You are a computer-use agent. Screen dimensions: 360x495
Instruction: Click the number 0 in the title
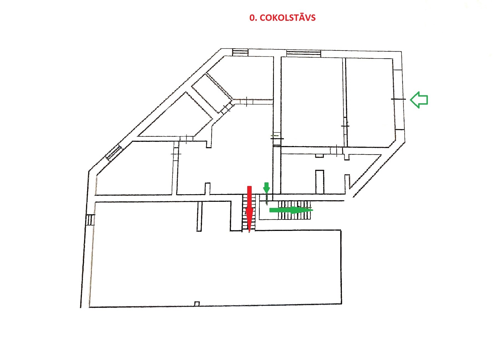[x=252, y=18]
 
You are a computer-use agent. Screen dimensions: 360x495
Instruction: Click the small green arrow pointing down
[x=266, y=188]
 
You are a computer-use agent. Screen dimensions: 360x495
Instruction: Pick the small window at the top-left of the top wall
[x=240, y=52]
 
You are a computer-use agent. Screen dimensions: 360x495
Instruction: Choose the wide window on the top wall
[x=304, y=53]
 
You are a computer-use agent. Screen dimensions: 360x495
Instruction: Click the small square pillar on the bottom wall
[x=197, y=303]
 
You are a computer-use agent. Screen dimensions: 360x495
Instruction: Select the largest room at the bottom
[x=216, y=266]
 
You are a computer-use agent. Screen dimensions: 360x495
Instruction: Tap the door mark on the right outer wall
[x=398, y=99]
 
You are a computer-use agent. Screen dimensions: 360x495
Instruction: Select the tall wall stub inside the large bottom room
[x=199, y=216]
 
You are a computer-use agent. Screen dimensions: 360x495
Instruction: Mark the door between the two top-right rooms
[x=345, y=126]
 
